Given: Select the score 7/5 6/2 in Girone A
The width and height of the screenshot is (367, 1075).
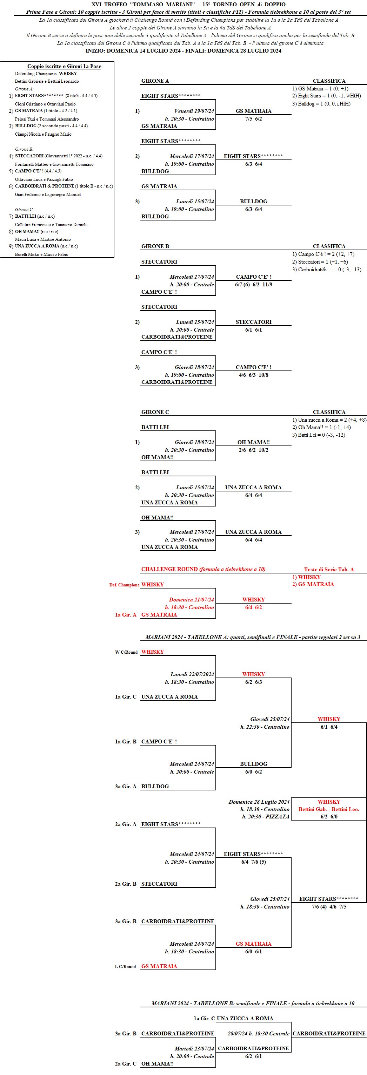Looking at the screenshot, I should coord(253,119).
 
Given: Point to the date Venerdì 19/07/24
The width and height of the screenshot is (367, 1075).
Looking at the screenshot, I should coord(194,111).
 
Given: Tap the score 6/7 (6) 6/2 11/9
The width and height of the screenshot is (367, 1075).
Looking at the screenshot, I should coord(253,285).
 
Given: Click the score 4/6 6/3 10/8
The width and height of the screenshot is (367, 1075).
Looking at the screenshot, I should coord(253,375).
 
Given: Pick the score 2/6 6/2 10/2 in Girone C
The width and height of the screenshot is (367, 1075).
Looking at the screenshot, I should coord(253,450).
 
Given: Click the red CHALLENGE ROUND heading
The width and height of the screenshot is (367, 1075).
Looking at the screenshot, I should coord(203,569).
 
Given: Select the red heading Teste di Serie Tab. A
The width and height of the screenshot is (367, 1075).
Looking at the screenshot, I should coord(329,570).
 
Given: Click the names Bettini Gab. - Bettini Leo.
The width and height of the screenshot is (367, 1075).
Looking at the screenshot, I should coord(329,809).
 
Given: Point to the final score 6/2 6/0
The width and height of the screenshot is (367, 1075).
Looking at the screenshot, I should coord(329,817).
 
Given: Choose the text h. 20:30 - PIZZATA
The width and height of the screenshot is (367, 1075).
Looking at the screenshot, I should coord(266,817).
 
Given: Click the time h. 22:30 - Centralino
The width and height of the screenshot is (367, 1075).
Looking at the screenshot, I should coord(265,727).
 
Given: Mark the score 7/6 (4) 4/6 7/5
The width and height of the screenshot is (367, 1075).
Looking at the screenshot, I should coord(329,907).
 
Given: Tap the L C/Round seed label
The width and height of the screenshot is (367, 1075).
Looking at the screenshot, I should coord(125,966).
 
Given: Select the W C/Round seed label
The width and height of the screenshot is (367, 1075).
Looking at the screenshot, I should coord(126,652).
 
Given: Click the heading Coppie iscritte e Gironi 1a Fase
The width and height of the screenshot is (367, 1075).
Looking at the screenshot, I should coord(64,66).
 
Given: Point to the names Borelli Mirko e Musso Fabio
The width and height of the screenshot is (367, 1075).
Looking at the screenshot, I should coord(42,254).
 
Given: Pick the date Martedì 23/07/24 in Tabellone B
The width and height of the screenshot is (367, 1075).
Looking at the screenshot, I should coord(194,1049).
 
